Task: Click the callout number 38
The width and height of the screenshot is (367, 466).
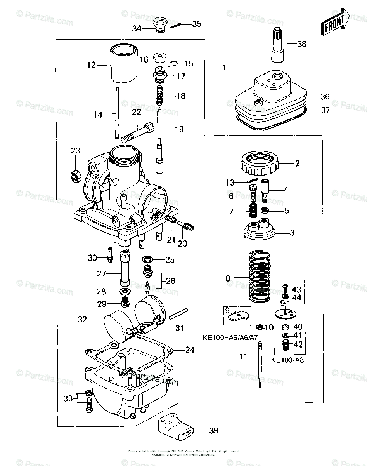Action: tap(301, 44)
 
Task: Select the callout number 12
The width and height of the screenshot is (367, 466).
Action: tap(91, 64)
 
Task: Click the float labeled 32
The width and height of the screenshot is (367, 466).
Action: tap(116, 322)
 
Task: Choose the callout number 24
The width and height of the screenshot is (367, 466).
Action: tap(190, 350)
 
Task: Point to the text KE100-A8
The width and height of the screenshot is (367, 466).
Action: tap(287, 360)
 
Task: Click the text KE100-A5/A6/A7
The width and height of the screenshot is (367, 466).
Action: tap(230, 337)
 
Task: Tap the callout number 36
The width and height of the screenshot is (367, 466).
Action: tap(325, 96)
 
